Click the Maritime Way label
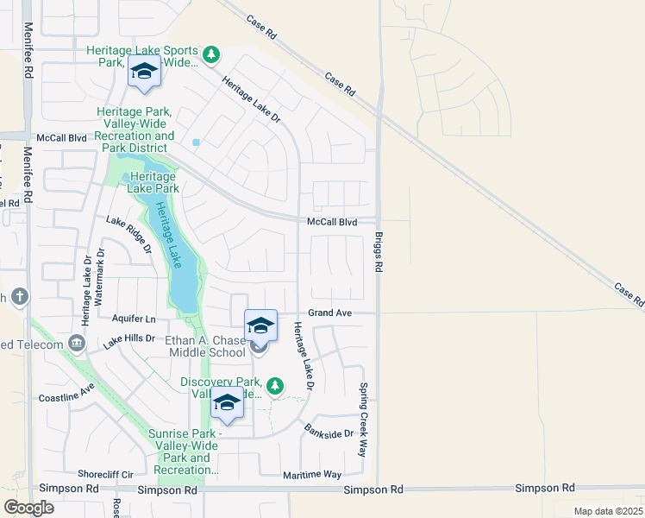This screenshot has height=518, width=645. pos(313,475)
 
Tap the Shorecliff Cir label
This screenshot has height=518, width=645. pos(105,474)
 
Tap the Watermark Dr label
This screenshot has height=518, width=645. pos(99,275)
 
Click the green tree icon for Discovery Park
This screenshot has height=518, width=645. pos(274,385)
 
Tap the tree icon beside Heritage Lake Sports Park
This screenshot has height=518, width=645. pos(211,56)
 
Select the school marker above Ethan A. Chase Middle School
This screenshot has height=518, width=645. pos(260,325)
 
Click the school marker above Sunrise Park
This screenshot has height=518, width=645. pos(227,403)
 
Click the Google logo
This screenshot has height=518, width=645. pos(29,508)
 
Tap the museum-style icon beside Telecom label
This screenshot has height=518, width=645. pos(78,344)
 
